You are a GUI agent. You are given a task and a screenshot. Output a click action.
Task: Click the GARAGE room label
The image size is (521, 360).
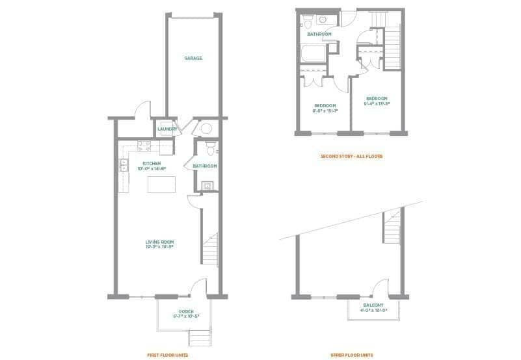[x=193, y=58]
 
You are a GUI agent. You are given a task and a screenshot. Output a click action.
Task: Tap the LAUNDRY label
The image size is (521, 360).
[x=167, y=129]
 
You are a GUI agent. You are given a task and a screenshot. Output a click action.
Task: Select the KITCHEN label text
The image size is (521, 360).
[x=152, y=164]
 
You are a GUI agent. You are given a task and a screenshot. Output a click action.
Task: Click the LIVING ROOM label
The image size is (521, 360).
[x=159, y=243]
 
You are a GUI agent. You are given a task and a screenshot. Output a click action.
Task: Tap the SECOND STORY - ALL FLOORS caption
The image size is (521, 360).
[x=351, y=157]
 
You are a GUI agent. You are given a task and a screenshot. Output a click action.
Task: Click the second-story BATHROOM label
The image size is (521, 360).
[x=319, y=34]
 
